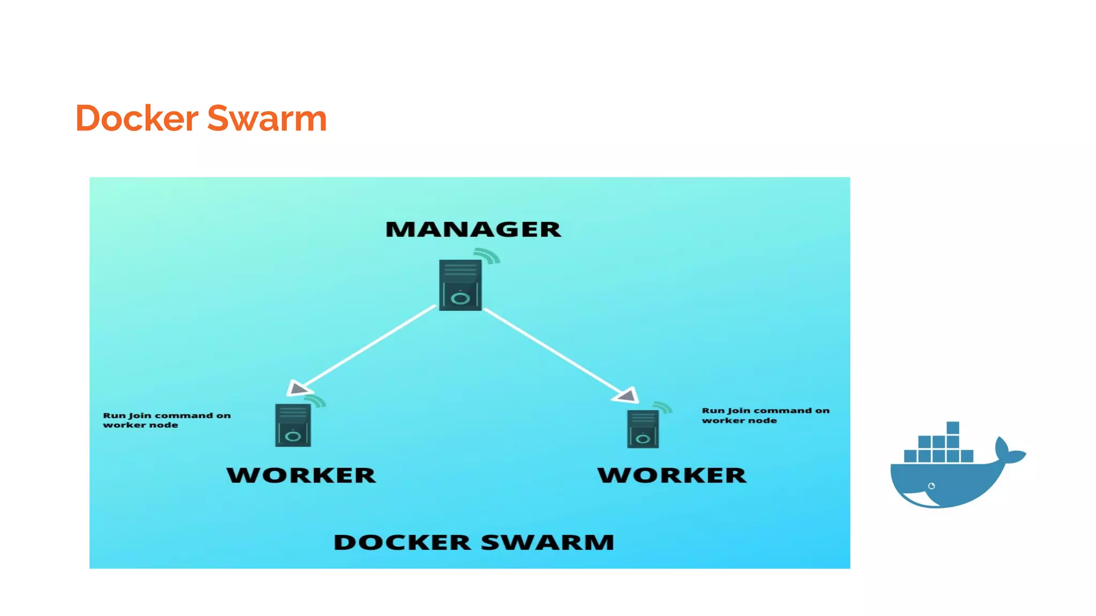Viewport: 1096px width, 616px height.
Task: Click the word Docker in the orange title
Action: [137, 118]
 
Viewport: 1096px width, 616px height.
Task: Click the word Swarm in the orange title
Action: [267, 118]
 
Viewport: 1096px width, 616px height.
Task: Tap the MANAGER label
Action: [473, 229]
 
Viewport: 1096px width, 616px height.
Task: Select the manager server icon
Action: [460, 285]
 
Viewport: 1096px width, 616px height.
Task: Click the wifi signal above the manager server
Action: [488, 256]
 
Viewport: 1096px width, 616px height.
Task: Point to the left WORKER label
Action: [301, 475]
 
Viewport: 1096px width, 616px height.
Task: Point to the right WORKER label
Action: [672, 475]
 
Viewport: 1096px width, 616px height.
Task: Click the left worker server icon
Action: [293, 426]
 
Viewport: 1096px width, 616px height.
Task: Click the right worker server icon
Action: [643, 429]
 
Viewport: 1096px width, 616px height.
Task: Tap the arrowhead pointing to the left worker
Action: [297, 388]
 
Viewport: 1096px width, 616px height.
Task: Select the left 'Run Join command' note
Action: [166, 420]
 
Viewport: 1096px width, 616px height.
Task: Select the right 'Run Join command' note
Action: [765, 415]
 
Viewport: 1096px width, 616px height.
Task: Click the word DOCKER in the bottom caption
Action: [402, 542]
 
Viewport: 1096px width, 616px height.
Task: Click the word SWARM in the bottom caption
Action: [547, 542]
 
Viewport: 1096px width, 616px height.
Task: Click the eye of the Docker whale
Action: [931, 486]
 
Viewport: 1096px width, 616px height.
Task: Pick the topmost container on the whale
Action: [953, 428]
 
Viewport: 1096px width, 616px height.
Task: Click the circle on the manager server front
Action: [460, 298]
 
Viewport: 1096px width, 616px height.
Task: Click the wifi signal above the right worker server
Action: [663, 407]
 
